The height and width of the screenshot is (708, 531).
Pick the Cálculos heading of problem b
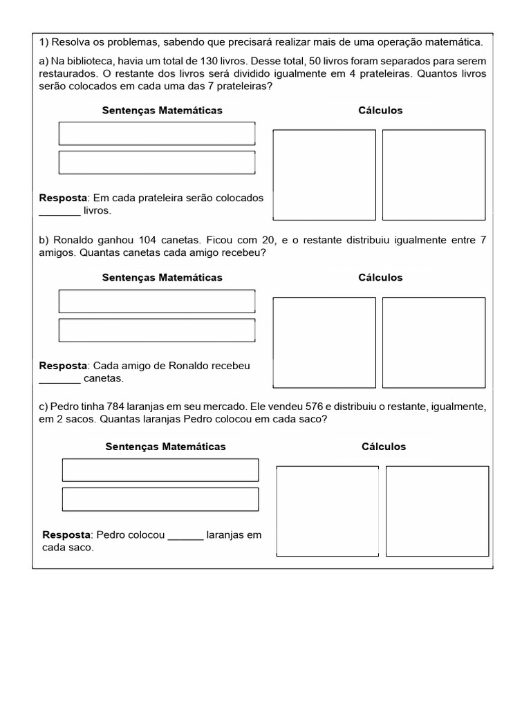click(380, 277)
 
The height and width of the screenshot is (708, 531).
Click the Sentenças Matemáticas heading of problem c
click(165, 447)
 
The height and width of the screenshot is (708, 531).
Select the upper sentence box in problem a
click(157, 133)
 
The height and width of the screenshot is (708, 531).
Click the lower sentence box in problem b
click(157, 330)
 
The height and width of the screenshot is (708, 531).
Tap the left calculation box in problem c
click(328, 511)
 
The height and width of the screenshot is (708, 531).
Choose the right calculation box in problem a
click(434, 175)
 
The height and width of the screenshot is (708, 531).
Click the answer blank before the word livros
click(59, 212)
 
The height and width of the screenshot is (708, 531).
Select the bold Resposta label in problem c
click(66, 535)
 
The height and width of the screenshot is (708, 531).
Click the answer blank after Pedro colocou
click(186, 536)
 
